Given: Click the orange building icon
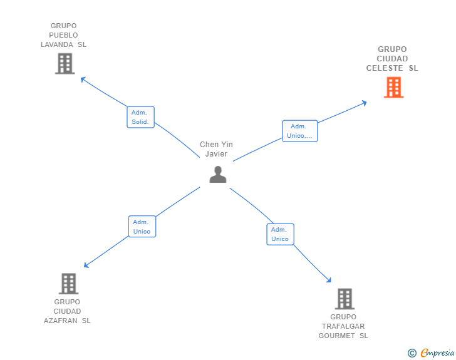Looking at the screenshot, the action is point(393,87).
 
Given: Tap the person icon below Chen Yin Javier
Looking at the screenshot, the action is point(218,174).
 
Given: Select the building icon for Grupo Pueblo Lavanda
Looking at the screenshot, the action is point(65,63).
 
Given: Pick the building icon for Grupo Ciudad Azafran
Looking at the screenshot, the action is point(69,284).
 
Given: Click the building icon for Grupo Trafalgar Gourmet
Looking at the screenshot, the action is point(345,299).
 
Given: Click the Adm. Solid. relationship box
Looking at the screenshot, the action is point(140,117).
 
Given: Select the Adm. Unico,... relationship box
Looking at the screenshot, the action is point(300,131).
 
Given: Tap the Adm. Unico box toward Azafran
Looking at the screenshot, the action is point(142,227).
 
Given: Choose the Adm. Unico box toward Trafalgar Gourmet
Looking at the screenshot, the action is point(281,234).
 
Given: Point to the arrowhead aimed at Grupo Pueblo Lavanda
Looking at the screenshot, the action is point(83,79).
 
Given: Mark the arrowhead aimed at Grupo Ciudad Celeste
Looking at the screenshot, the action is point(364,103).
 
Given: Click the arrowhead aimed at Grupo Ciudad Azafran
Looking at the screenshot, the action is point(86,265).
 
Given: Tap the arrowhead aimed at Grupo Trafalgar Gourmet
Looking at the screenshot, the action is point(329,280).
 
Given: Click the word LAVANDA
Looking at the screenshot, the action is point(57,44).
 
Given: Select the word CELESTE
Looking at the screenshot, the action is point(385,68).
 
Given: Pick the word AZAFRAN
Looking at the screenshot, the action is point(61,321).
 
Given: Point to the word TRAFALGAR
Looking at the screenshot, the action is point(343,326).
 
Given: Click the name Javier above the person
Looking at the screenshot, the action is point(216,154).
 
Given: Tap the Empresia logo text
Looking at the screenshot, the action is point(437,352).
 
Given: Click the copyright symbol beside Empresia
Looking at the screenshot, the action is point(412,353).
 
